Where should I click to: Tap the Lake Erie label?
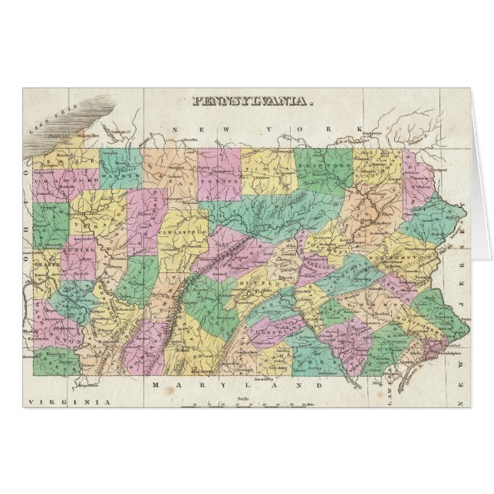tap(46, 127)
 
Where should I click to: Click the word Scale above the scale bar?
tap(245, 397)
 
